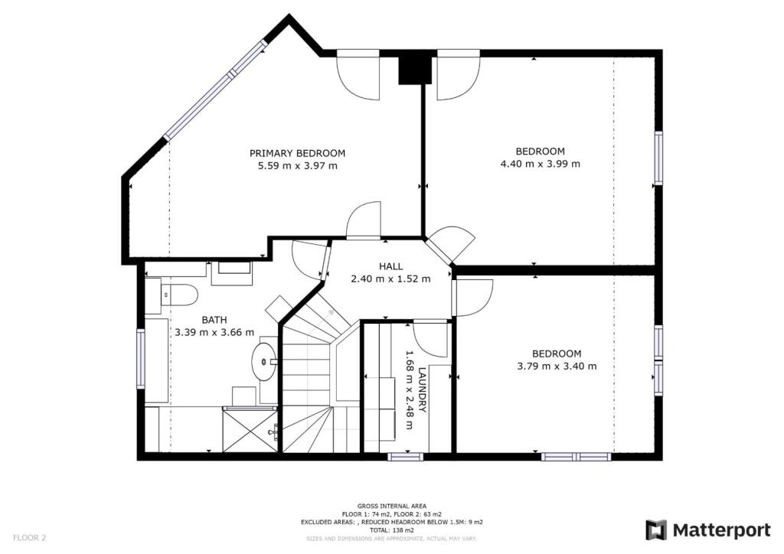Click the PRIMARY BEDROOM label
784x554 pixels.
tap(297, 153)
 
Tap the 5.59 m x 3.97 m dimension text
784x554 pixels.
tap(297, 166)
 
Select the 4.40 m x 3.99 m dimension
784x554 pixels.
tap(540, 164)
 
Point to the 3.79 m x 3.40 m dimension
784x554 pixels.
tap(557, 367)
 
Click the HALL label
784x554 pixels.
tap(390, 267)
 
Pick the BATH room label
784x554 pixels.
tap(214, 320)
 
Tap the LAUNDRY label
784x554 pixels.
tap(422, 389)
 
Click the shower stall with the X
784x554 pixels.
tap(250, 429)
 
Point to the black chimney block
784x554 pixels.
tap(414, 70)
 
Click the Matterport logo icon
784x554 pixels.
tap(655, 530)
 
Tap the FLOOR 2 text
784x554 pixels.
tap(30, 538)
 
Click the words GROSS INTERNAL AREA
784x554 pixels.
tap(392, 506)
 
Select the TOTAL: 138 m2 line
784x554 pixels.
tap(392, 530)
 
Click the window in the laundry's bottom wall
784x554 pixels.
tap(406, 456)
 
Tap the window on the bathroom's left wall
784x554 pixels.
tap(141, 359)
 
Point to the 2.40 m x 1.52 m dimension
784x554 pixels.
tap(390, 279)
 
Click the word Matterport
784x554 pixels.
tap(721, 530)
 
